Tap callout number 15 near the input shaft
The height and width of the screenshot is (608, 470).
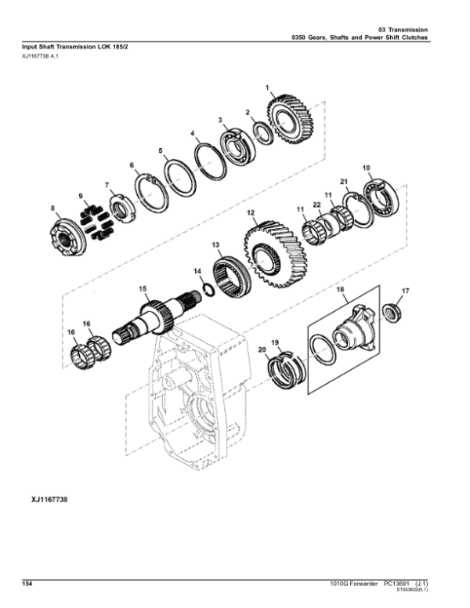click(x=143, y=288)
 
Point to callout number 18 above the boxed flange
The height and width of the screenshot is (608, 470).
click(x=340, y=291)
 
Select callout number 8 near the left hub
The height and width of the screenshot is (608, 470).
click(x=53, y=208)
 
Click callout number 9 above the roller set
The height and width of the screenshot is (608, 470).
click(x=79, y=194)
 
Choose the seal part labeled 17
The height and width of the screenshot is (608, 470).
click(x=391, y=309)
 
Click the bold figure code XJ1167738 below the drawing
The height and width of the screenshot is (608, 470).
click(x=40, y=498)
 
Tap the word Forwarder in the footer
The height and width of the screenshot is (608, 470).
click(x=356, y=584)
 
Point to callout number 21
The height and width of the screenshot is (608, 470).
click(x=343, y=182)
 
